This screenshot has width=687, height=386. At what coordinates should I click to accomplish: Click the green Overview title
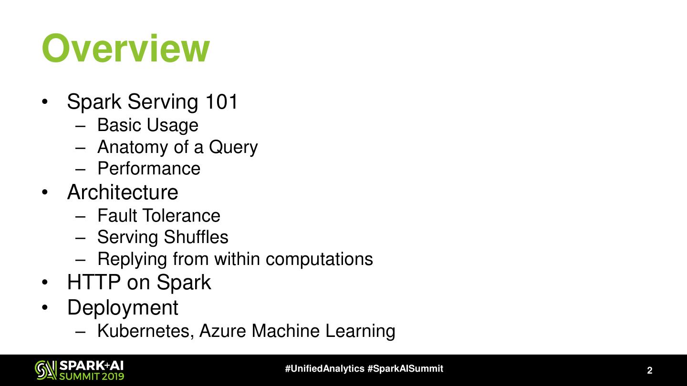pos(126,49)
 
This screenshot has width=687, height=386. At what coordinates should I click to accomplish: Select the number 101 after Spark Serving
pos(222,102)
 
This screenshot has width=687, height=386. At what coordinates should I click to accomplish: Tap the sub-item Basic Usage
pos(147,125)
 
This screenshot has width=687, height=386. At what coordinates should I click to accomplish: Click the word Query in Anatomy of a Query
pos(233,147)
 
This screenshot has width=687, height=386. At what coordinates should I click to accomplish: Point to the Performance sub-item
pos(149,169)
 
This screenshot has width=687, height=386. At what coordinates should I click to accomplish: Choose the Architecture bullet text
pos(123,192)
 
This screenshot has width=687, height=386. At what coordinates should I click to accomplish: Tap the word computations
pos(319,259)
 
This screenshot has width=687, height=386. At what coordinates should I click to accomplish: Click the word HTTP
pos(94,282)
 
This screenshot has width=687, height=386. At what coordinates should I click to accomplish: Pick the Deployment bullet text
pos(123,307)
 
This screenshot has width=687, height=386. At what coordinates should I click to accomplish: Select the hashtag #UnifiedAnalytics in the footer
pos(325,369)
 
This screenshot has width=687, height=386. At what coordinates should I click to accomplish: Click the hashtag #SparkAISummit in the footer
pos(406,369)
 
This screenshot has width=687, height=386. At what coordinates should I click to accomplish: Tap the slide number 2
pos(649,371)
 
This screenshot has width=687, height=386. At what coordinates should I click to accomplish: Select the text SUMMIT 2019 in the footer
pos(92,376)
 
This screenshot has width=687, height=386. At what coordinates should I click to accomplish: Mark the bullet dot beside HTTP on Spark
pos(45,283)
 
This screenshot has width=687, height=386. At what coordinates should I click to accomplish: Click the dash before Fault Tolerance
pos(80,216)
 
